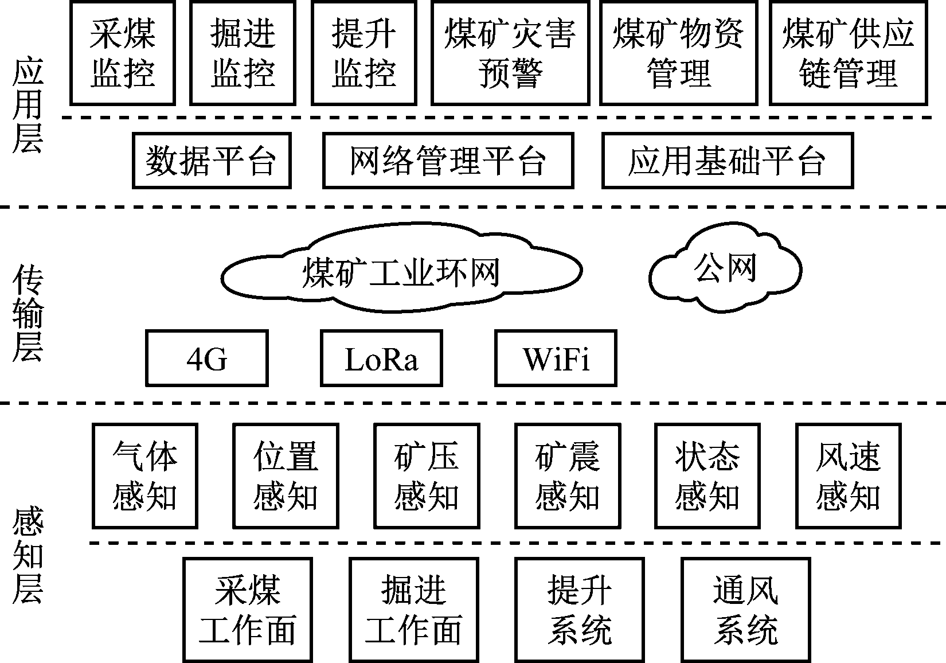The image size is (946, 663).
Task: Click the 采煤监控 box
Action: (x=123, y=53)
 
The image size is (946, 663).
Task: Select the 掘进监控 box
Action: (x=243, y=53)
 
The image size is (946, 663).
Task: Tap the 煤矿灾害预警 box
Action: (x=510, y=53)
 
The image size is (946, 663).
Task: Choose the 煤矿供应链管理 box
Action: (x=849, y=53)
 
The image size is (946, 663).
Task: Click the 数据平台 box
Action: (x=212, y=161)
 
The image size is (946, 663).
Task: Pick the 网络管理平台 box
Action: (x=448, y=161)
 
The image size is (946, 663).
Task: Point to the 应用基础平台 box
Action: (x=727, y=161)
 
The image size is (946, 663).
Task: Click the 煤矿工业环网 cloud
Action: (x=401, y=272)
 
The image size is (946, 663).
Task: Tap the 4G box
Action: (x=207, y=358)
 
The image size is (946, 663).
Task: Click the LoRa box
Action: (x=381, y=358)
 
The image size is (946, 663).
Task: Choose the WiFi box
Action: (x=556, y=358)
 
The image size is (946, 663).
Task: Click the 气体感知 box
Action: (x=145, y=476)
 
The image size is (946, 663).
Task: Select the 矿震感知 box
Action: (x=568, y=476)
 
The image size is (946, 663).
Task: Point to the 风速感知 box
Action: (x=848, y=476)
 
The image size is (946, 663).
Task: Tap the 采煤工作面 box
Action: (x=248, y=610)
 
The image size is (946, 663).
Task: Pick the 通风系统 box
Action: (x=746, y=610)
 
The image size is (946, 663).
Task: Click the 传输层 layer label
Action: (x=28, y=313)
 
